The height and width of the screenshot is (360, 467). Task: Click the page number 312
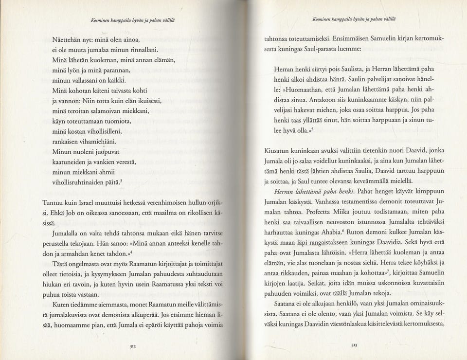pos(132,346)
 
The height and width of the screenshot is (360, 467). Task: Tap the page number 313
pos(354,345)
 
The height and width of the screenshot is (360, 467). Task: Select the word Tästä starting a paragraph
pos(62,264)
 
